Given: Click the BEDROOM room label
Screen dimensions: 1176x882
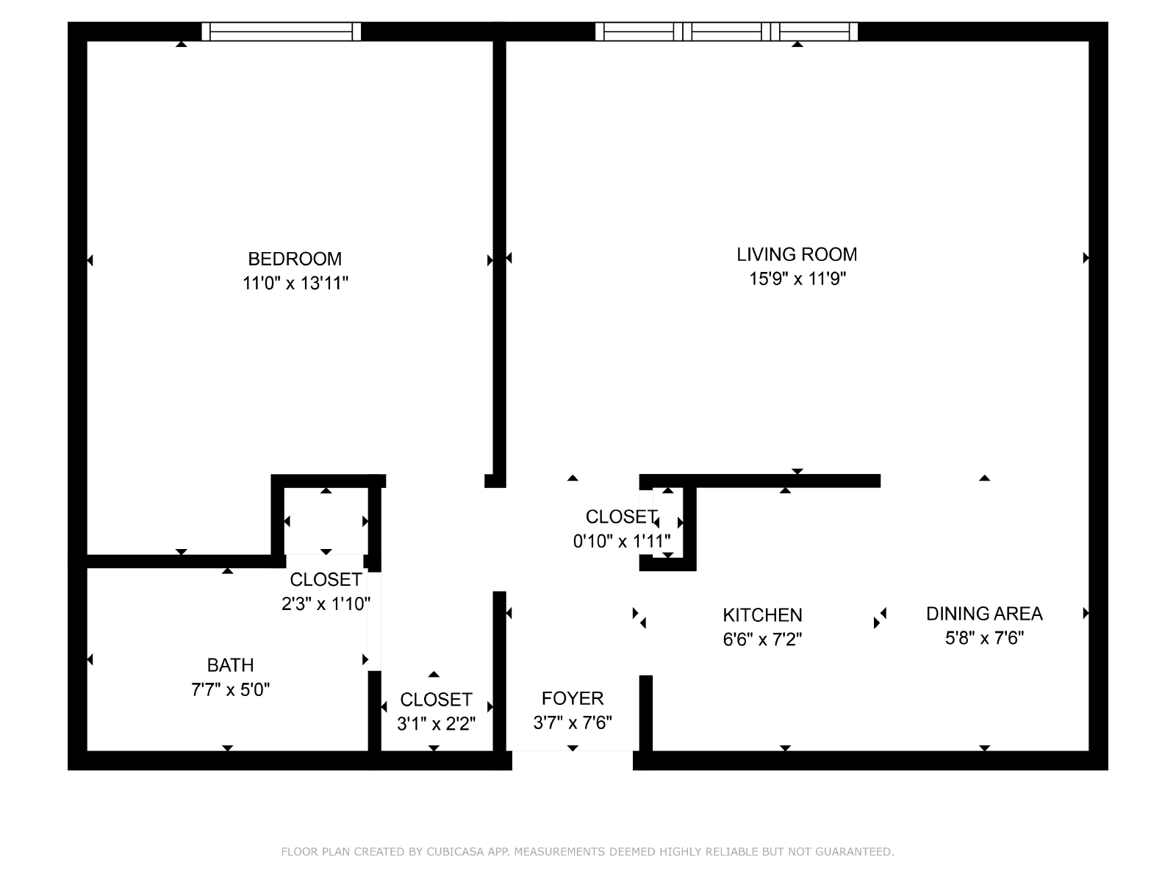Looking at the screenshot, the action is pyautogui.click(x=294, y=259).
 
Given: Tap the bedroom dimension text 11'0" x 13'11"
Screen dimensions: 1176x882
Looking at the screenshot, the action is pyautogui.click(x=295, y=283).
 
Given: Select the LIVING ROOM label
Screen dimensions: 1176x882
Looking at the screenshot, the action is pyautogui.click(x=797, y=254).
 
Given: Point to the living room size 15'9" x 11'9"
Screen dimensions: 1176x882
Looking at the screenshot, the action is pyautogui.click(x=797, y=279).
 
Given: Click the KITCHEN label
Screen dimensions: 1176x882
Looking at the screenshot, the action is pyautogui.click(x=762, y=615).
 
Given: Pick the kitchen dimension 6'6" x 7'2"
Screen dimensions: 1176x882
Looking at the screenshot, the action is pyautogui.click(x=762, y=639).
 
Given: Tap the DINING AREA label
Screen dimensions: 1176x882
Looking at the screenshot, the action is pyautogui.click(x=984, y=614).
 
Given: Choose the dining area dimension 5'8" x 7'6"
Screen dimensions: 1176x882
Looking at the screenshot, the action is pyautogui.click(x=984, y=638).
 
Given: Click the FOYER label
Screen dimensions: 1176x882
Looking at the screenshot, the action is pyautogui.click(x=573, y=698).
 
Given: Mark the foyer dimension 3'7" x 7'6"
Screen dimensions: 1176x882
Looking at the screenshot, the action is pyautogui.click(x=573, y=723).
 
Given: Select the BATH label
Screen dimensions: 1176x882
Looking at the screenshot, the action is pyautogui.click(x=230, y=665).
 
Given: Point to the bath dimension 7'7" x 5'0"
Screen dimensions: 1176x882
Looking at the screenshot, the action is pyautogui.click(x=230, y=689).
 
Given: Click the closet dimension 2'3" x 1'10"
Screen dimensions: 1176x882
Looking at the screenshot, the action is pyautogui.click(x=326, y=604).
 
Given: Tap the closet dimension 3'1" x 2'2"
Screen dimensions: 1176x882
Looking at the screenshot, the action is pyautogui.click(x=436, y=724).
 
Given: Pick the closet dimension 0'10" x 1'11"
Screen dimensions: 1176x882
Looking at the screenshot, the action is pyautogui.click(x=622, y=542).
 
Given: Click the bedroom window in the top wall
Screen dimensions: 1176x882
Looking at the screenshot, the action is pyautogui.click(x=282, y=32).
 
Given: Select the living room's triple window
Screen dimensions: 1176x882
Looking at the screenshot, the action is pyautogui.click(x=726, y=32).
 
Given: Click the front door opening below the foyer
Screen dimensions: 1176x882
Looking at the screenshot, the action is pyautogui.click(x=573, y=761).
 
